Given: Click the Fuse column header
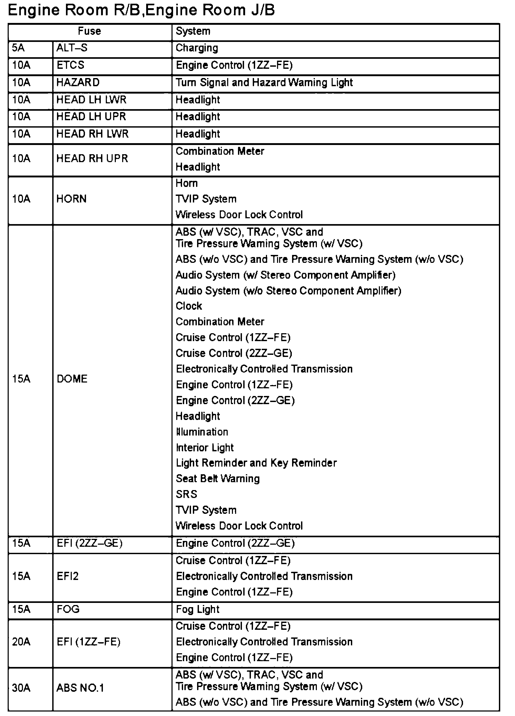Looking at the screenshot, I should point(89,31).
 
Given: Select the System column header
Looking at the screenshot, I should point(193,31).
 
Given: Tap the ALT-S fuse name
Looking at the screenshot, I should point(72,48).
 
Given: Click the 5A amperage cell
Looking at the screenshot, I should point(18,48).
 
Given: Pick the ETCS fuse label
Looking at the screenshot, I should point(70,65).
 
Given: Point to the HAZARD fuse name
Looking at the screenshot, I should point(78,83).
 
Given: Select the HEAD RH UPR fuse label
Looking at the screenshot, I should point(92,158).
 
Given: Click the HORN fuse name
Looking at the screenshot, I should point(71,199).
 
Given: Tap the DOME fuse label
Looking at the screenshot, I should point(72,379).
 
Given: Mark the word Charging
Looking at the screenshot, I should point(197,48).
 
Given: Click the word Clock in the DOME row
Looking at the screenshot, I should point(189,306).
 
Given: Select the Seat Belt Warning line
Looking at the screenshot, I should point(218,478).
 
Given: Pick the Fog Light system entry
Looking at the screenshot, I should point(197,609).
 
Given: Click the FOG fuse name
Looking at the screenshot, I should point(68,609).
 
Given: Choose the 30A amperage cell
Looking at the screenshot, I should point(21,688).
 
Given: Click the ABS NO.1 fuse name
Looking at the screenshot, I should point(80,688).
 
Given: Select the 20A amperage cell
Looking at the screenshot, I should point(21,642).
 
